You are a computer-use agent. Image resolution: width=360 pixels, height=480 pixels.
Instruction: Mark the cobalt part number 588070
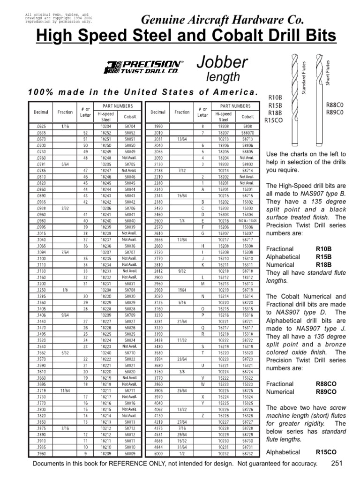[247, 132]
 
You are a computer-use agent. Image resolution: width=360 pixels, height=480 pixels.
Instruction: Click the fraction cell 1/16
[65, 126]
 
